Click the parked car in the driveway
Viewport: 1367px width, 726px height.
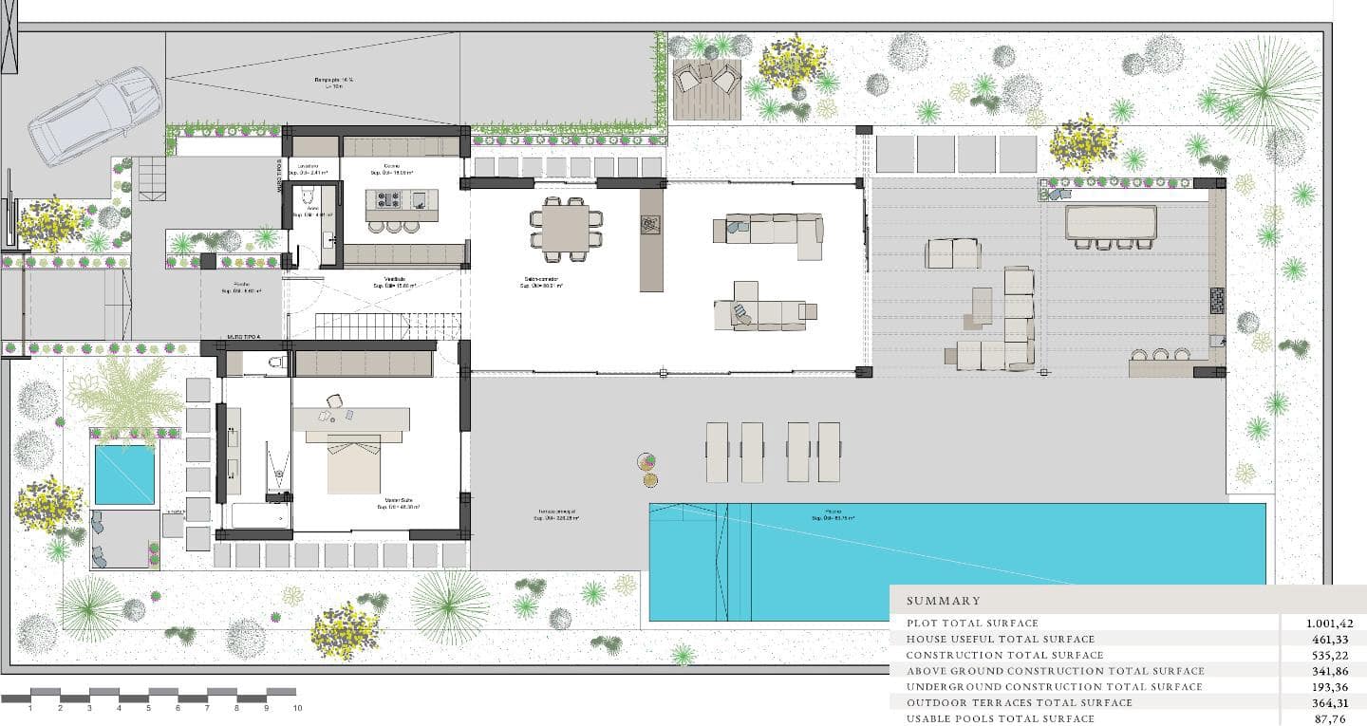(93, 115)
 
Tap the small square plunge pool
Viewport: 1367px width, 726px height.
(124, 475)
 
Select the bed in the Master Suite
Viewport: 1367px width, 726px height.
(354, 463)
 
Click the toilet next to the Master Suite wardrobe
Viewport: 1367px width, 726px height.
(275, 362)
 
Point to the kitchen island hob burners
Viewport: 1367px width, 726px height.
(388, 200)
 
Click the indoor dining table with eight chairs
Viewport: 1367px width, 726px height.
(566, 229)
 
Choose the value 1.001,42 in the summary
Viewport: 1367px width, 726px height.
(1329, 624)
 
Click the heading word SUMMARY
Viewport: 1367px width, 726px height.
(943, 601)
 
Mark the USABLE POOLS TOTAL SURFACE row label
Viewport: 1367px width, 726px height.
(1001, 718)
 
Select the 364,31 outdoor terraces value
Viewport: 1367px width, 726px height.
(1333, 702)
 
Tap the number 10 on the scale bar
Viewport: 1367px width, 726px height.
(297, 708)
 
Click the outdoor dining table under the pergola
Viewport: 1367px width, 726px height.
(1111, 222)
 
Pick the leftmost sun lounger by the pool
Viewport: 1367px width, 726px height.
(717, 452)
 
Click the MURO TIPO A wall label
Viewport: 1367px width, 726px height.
(245, 336)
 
